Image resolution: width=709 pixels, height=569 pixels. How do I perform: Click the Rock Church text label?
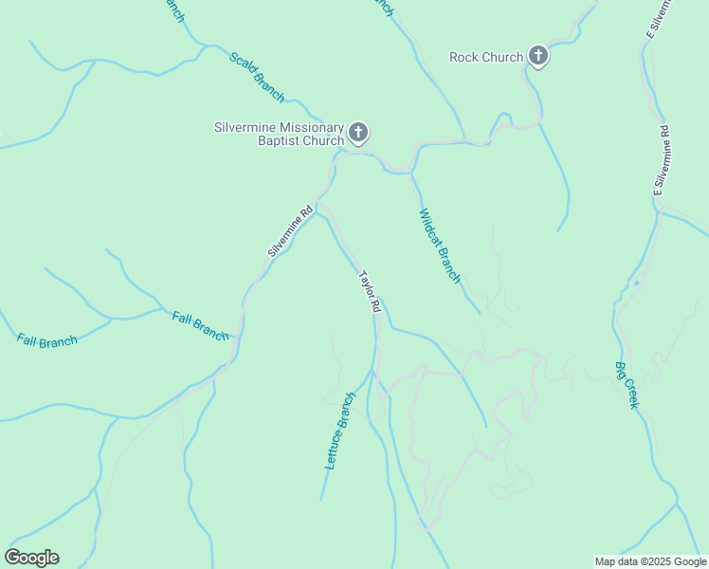[x=485, y=57]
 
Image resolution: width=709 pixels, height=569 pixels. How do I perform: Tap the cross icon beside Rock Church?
[x=538, y=56]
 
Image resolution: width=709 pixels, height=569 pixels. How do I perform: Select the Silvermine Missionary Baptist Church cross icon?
[x=358, y=133]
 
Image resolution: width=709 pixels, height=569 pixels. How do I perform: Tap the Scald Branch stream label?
[x=256, y=77]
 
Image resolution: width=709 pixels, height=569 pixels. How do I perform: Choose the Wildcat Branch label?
[x=440, y=246]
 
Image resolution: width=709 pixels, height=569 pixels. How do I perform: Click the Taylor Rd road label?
[x=370, y=292]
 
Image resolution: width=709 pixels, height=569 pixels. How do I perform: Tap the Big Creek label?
[x=627, y=384]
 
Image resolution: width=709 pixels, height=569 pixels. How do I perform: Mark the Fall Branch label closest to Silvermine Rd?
[x=200, y=325]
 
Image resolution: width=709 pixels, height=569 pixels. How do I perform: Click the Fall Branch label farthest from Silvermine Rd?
[x=46, y=340]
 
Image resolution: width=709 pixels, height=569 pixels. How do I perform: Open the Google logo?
[x=32, y=558]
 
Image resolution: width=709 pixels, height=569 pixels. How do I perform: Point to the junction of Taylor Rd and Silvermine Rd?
[x=320, y=205]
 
